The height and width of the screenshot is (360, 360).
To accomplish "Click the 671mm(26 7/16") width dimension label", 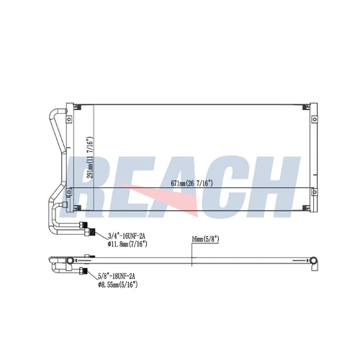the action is tap(192, 184).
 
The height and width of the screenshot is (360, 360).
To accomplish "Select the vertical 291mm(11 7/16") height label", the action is tap(90, 158).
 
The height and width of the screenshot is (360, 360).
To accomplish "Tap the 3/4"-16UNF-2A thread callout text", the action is tap(127, 236).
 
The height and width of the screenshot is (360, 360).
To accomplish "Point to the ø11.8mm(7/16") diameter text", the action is tap(127, 244).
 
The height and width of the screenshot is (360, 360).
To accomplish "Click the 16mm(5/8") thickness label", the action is tap(205, 239).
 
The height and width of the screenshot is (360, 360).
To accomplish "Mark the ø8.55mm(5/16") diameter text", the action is tap(117, 284).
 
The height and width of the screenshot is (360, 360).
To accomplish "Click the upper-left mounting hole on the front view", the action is tap(69, 119).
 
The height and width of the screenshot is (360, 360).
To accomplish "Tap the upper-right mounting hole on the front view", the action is tap(314, 119).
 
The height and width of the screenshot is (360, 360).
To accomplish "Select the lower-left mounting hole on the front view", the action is tap(69, 192).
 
